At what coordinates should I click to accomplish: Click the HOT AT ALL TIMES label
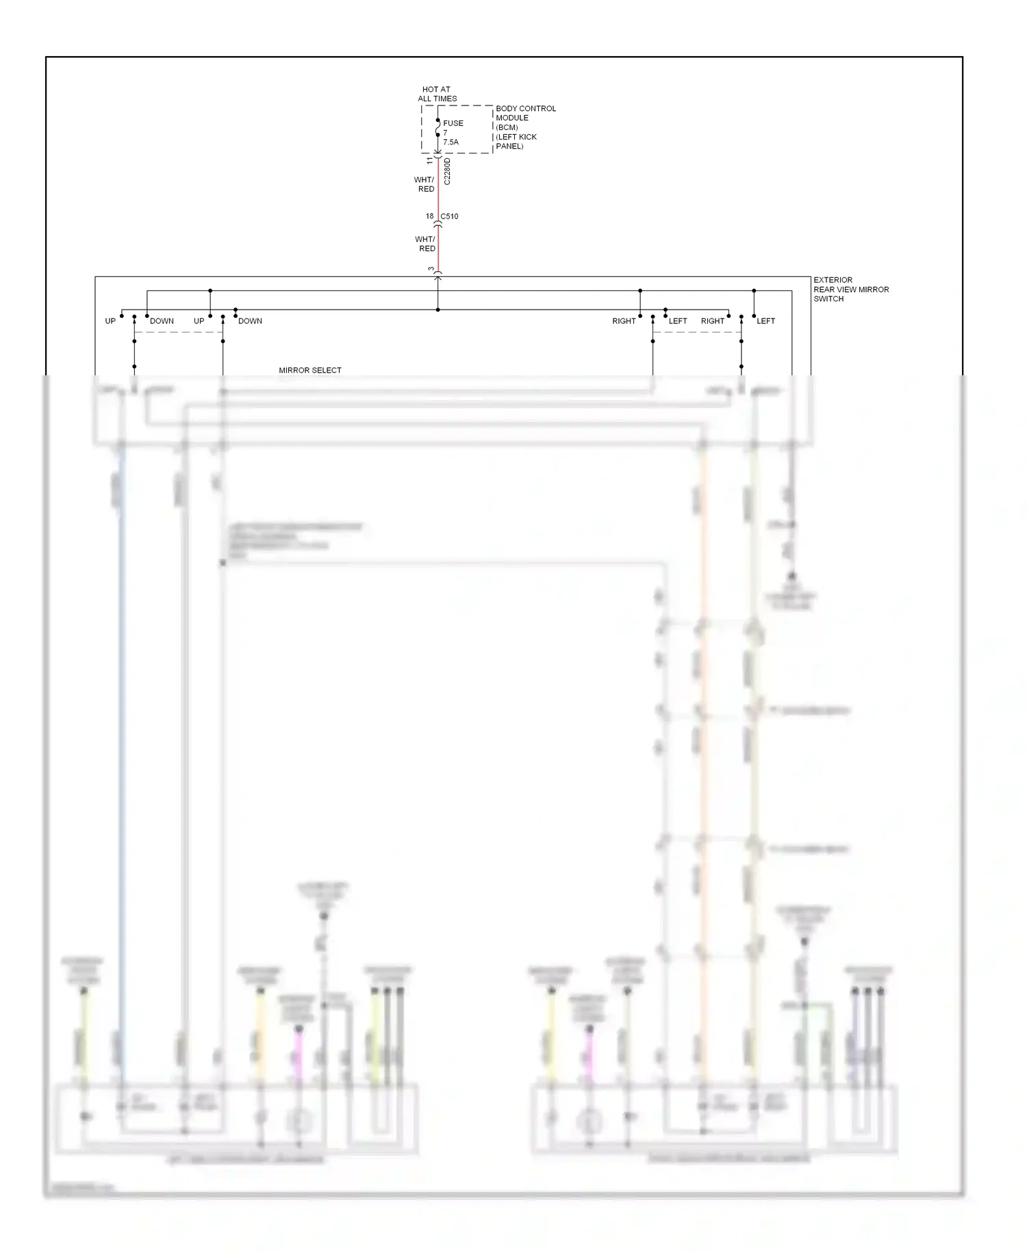[x=437, y=94]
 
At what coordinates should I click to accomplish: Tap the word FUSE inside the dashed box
[x=453, y=123]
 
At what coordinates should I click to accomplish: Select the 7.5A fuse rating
[x=451, y=142]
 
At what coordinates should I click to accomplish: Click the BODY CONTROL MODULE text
[x=525, y=113]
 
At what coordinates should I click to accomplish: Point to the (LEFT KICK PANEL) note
[x=516, y=141]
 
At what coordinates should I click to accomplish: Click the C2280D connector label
[x=447, y=171]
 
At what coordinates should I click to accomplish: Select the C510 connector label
[x=449, y=216]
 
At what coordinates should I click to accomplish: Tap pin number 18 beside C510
[x=429, y=216]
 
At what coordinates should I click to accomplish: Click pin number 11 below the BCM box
[x=430, y=161]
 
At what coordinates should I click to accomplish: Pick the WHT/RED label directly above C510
[x=424, y=184]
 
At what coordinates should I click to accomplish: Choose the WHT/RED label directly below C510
[x=425, y=244]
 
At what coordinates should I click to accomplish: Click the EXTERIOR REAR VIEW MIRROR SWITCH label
[x=850, y=289]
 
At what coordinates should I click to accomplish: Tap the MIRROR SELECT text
[x=309, y=371]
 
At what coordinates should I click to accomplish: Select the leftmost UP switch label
[x=110, y=321]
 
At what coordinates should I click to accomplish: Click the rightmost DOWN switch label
[x=250, y=321]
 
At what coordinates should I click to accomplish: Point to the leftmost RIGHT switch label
[x=624, y=321]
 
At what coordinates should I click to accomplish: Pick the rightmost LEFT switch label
[x=765, y=321]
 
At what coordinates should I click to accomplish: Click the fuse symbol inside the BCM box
[x=438, y=127]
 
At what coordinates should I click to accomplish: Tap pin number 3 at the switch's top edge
[x=431, y=269]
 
